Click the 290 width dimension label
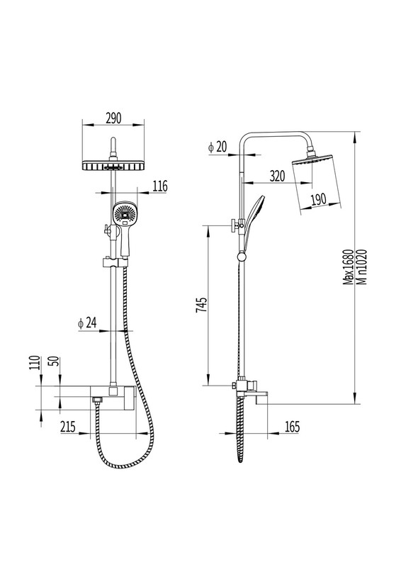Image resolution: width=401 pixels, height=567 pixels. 113,118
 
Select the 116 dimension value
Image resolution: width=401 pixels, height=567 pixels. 159,186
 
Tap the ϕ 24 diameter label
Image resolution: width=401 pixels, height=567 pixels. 87,323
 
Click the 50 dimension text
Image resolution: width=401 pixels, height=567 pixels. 56,361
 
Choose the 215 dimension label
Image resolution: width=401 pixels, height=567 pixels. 67,427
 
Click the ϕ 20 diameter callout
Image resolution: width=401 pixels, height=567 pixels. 218,147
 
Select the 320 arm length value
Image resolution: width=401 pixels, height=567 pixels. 277,176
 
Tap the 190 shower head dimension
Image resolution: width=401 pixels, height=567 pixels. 319,199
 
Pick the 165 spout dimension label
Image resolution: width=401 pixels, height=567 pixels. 292,427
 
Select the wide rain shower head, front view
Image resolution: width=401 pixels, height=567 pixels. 113,166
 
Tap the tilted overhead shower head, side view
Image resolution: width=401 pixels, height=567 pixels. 317,184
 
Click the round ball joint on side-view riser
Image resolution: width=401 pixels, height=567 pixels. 241,257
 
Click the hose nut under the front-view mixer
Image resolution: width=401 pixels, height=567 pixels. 96,400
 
